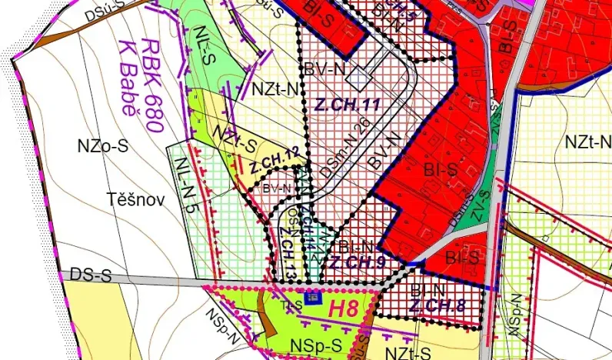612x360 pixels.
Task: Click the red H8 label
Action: click(x=344, y=308)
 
